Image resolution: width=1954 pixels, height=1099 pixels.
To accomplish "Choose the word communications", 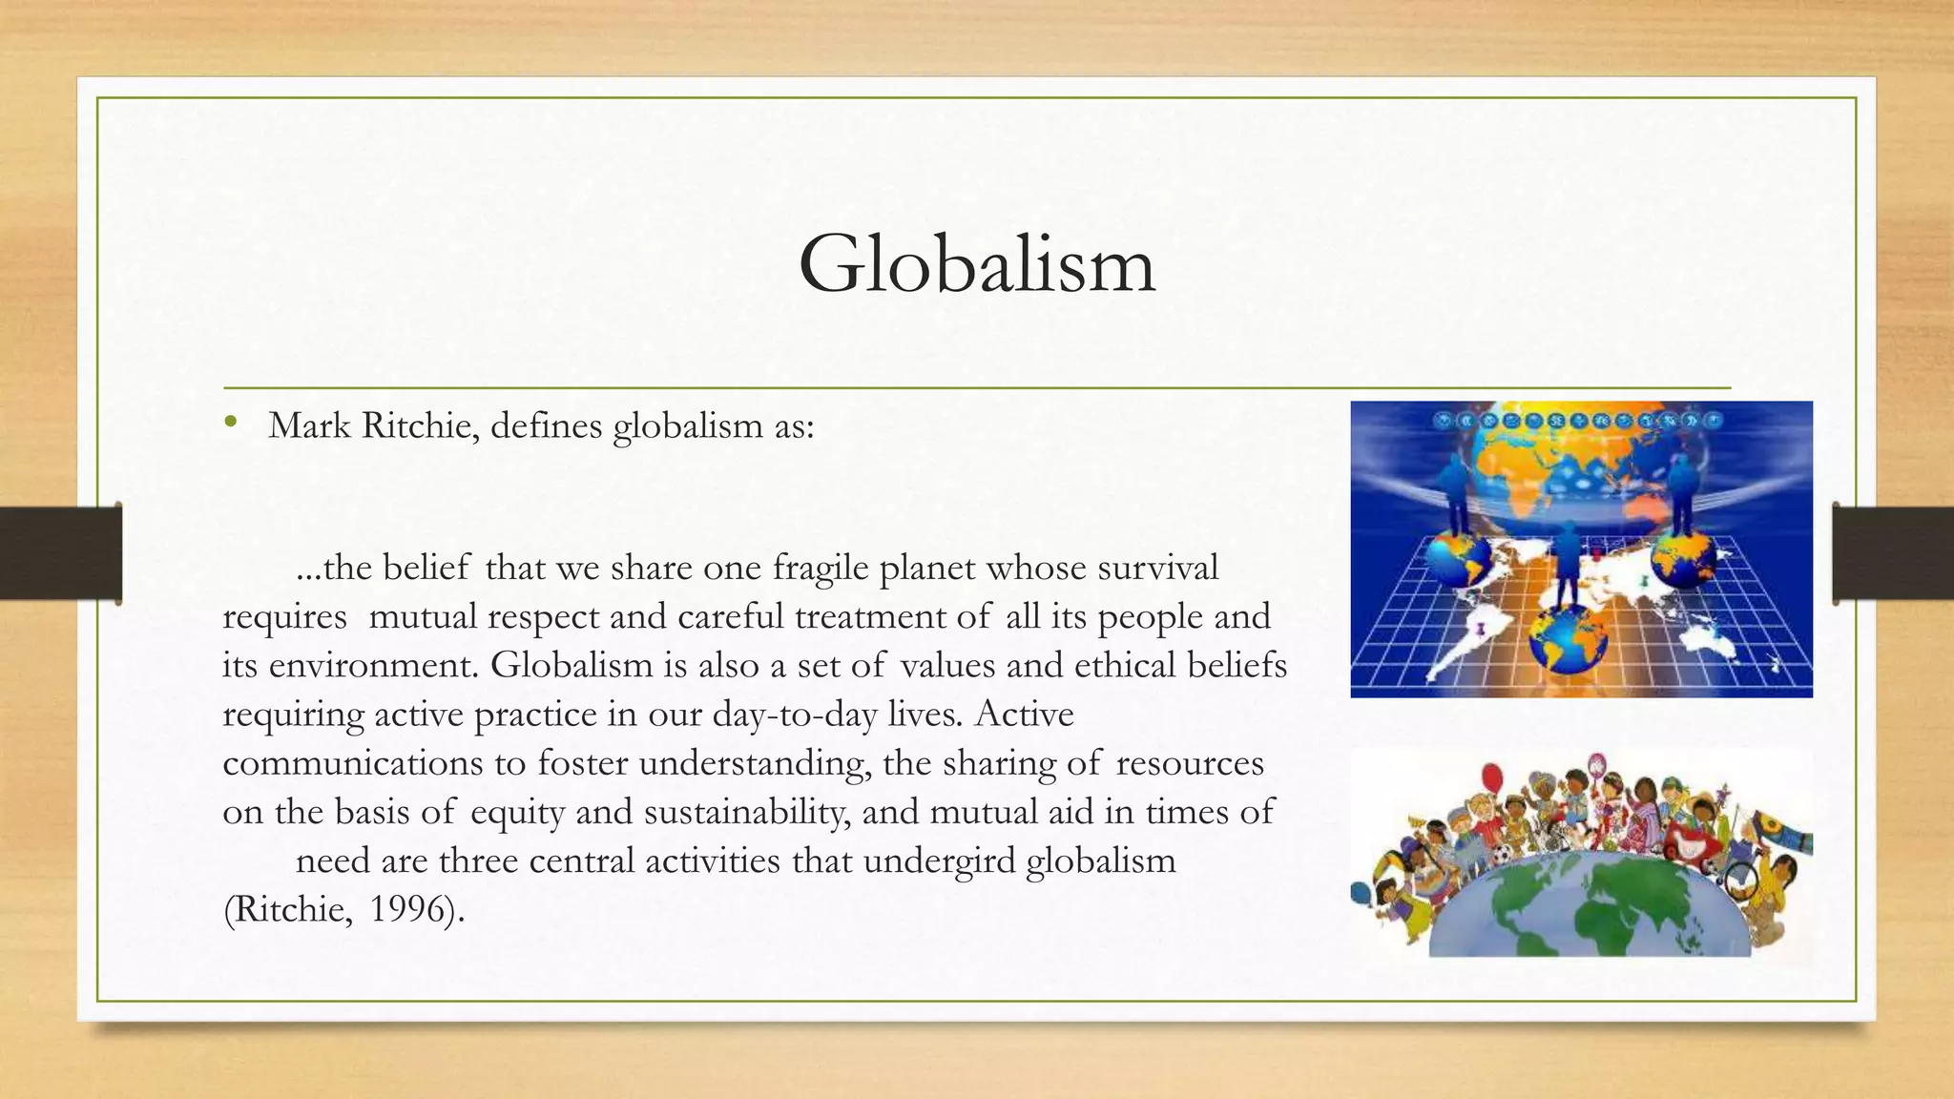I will point(353,763).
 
